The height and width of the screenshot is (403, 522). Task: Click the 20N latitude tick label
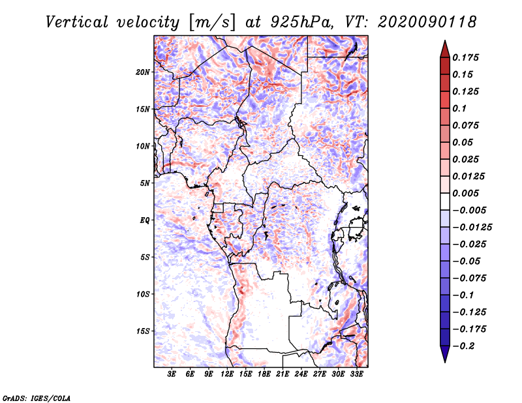(143, 72)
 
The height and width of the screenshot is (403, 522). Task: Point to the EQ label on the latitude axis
(145, 220)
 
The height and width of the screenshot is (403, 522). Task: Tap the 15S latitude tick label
(143, 331)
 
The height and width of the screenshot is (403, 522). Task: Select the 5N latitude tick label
(145, 183)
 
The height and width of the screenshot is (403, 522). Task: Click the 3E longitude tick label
(172, 374)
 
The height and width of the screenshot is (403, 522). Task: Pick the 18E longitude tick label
(264, 374)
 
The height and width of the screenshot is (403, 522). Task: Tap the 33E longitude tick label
(356, 374)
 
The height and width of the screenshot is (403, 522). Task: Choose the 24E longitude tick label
(301, 374)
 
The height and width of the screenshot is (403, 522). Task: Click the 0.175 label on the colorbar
(465, 57)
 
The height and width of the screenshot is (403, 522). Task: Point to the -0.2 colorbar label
(463, 346)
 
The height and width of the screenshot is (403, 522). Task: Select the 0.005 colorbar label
(465, 193)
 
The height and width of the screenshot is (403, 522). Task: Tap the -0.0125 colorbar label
(472, 228)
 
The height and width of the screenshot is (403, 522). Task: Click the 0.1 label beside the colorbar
(459, 108)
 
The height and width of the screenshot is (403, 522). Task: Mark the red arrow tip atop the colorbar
(445, 41)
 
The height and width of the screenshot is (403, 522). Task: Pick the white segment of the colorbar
(445, 201)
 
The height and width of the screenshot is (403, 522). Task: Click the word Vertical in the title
(77, 22)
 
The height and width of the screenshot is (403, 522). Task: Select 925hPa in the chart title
(301, 23)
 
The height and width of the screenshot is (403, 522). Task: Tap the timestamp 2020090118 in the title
(427, 22)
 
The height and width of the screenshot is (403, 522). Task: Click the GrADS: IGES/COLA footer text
(37, 398)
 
